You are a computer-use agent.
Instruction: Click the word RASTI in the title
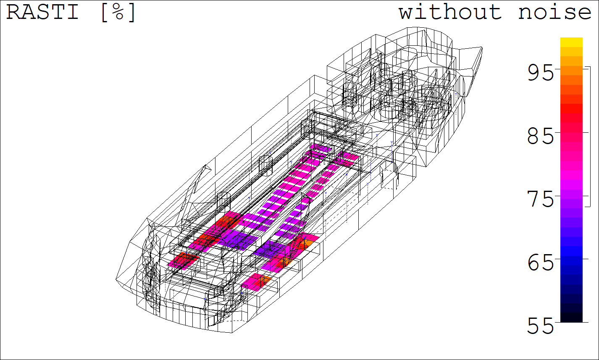42,12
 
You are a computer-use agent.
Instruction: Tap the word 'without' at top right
450,12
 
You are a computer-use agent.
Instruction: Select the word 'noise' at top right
554,12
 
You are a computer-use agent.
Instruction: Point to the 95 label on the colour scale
540,73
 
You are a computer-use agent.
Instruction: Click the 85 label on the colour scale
540,136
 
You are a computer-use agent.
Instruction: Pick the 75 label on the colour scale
540,199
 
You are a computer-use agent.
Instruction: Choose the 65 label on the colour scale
540,263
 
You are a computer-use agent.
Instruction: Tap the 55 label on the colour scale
540,326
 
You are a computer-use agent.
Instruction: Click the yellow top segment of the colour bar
571,42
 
